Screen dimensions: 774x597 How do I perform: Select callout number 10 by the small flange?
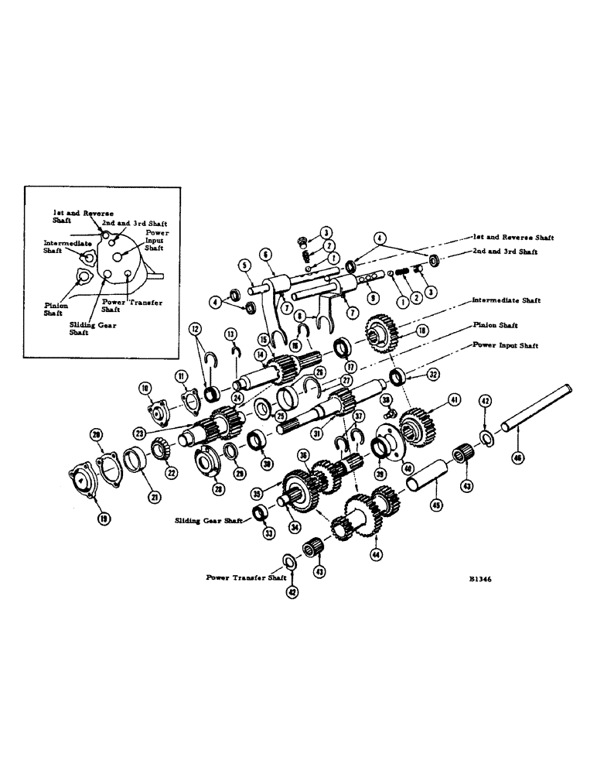(x=144, y=387)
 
